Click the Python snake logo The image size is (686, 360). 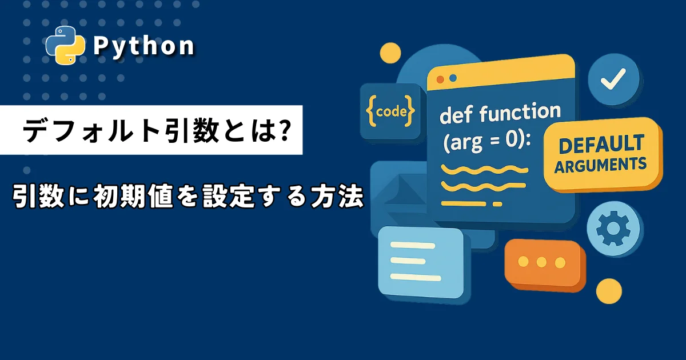point(65,45)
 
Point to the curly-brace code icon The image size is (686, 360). point(390,111)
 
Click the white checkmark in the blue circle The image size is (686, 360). point(613,79)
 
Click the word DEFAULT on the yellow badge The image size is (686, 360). point(601,145)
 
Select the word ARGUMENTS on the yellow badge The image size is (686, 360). point(600,165)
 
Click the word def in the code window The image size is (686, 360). point(456,115)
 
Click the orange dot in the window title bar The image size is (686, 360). point(440,79)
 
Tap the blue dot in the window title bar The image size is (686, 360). point(453,78)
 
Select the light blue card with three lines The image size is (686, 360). point(424,263)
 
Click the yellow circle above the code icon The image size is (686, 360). point(390,54)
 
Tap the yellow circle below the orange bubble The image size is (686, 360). point(609,291)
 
